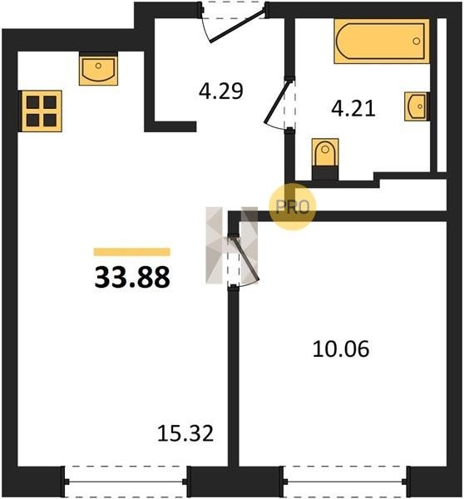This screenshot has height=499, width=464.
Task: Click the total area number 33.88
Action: [132, 277]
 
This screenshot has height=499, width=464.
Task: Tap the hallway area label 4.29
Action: [221, 91]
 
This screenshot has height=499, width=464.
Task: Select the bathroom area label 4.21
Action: [353, 108]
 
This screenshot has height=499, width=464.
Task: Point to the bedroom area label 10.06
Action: [341, 348]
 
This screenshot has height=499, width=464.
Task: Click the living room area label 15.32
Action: [185, 433]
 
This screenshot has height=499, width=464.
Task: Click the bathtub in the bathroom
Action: [382, 41]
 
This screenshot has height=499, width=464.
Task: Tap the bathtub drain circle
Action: [417, 41]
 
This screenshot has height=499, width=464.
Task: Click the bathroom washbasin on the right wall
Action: [417, 106]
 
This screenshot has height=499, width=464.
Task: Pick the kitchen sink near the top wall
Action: [98, 69]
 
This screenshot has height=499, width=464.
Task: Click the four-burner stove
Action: [42, 111]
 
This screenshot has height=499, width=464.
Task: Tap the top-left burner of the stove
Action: [32, 102]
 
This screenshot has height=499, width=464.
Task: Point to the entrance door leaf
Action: [237, 26]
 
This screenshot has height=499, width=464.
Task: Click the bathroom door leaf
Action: [277, 101]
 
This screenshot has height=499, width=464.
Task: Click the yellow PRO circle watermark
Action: [293, 206]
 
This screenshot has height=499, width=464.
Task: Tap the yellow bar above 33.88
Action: [132, 252]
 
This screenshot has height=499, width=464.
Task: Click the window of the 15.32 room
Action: [126, 482]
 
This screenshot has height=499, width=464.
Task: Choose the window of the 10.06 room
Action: [345, 482]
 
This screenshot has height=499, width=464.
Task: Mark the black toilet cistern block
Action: [325, 173]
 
